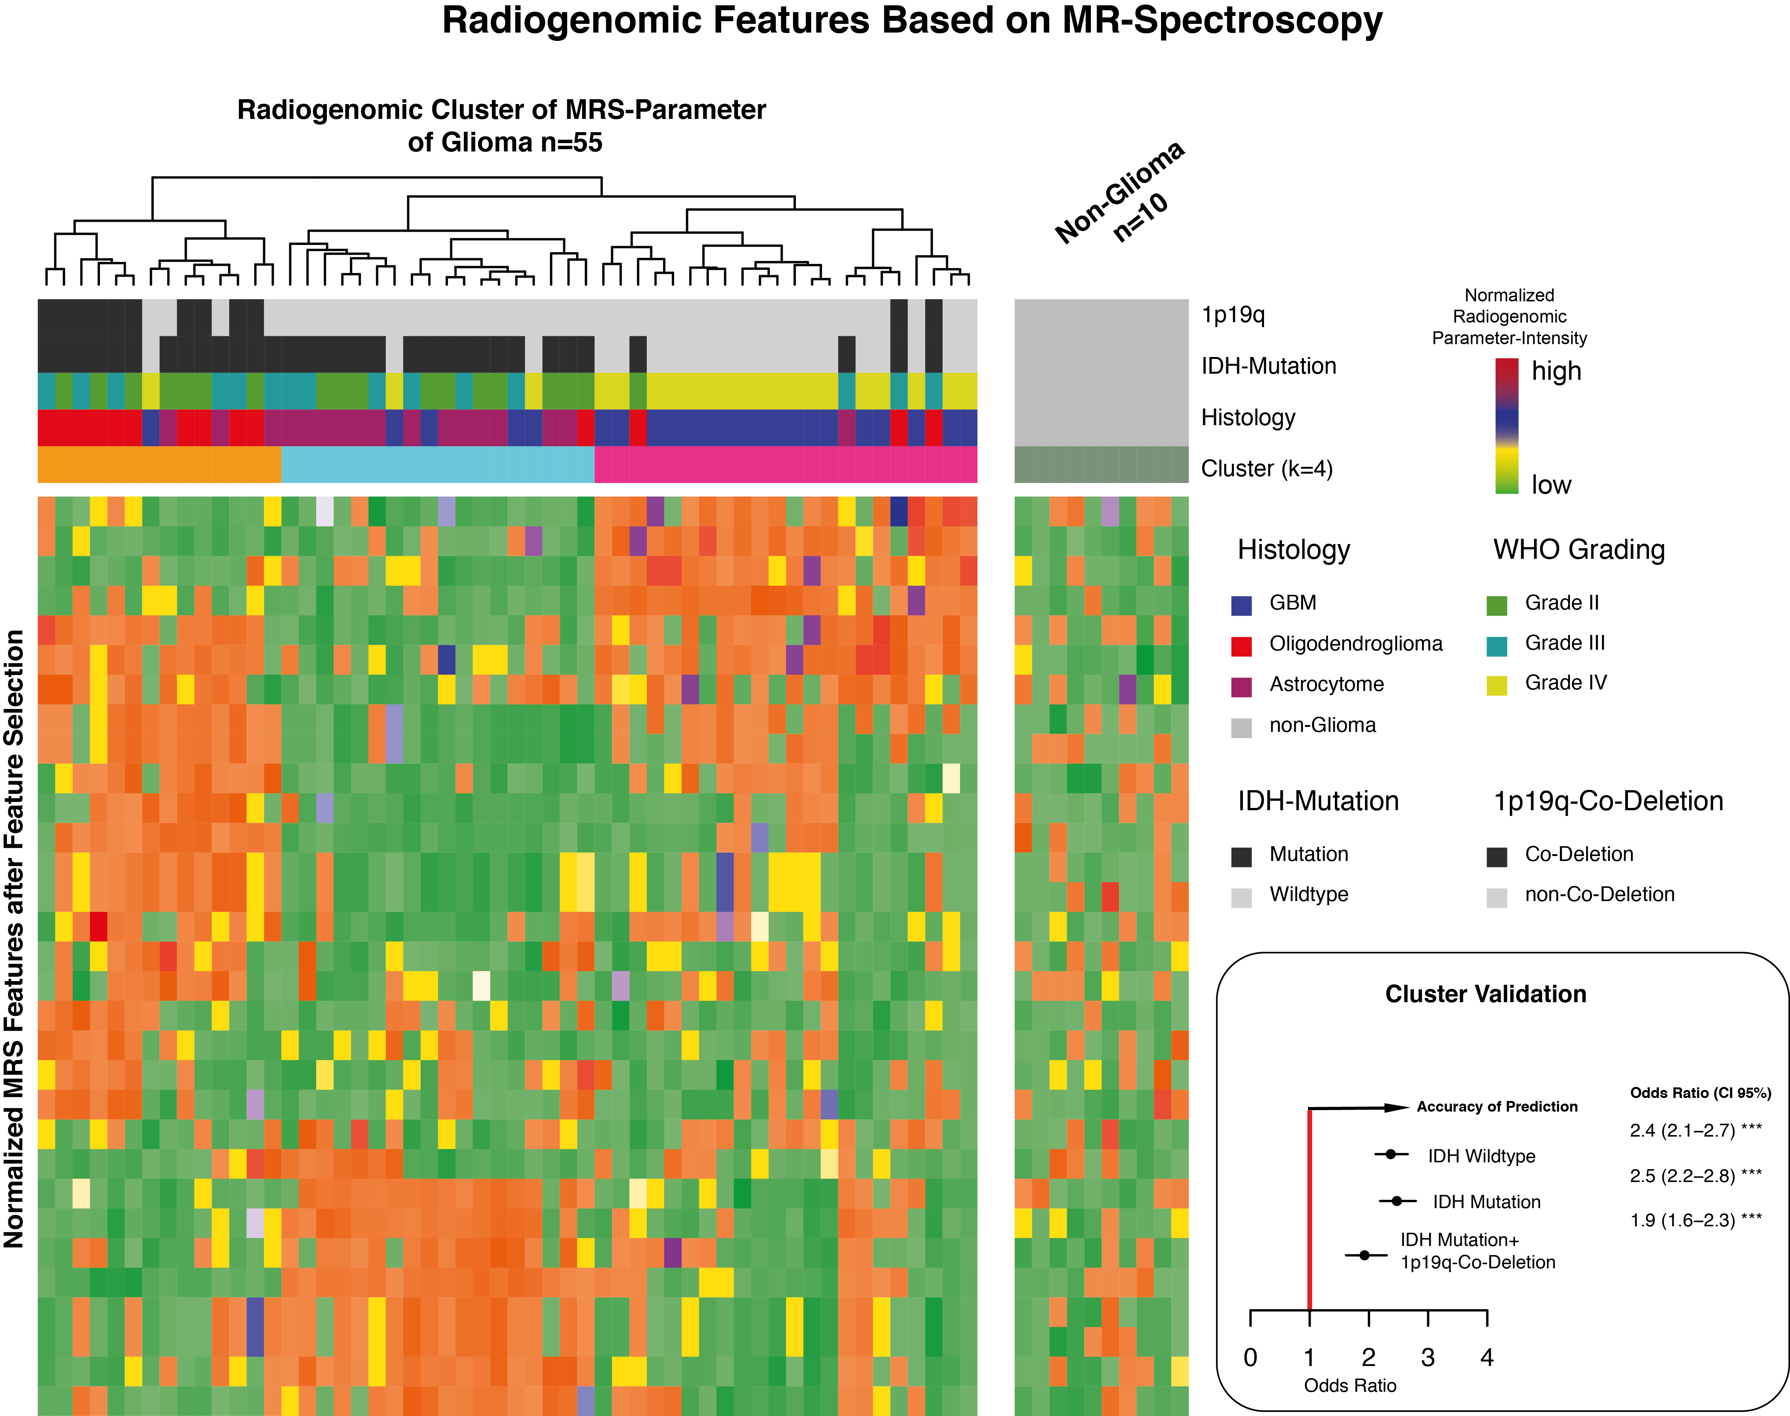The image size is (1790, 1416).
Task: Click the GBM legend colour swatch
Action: [1241, 605]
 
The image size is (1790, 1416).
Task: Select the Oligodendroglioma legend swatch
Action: [1241, 646]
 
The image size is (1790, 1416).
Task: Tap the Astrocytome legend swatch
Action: [1241, 686]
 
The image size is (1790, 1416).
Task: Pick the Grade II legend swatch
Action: [1497, 605]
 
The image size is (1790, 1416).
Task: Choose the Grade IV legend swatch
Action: [1497, 686]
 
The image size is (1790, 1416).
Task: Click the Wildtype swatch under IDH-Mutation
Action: [1241, 897]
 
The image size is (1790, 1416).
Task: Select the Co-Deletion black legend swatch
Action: [1497, 856]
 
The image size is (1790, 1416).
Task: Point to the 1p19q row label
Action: [1233, 315]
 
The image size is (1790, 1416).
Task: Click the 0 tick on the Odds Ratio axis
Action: [1250, 1357]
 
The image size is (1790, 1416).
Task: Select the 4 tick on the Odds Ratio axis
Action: [1487, 1357]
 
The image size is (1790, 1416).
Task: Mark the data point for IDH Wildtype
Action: [1391, 1154]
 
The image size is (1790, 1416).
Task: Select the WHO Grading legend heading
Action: [1579, 550]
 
